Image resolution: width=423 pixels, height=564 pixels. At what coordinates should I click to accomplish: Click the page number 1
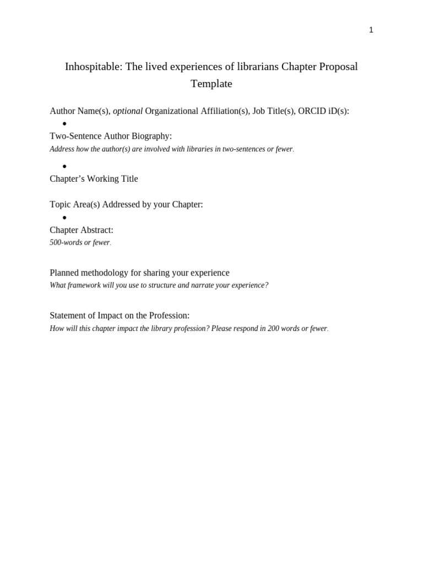371,30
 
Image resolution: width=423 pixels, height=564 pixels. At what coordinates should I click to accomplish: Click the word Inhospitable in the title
93,67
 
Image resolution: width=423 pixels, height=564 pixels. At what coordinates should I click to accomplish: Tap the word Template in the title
211,84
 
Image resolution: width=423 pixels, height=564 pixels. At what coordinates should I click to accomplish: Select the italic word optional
128,111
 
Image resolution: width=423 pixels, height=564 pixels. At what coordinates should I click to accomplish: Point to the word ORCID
312,111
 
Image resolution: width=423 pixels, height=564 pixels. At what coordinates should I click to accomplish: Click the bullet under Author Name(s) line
64,124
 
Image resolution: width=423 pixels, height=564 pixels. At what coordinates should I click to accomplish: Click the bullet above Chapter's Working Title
64,166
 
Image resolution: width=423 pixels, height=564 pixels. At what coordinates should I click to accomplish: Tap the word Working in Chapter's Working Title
108,179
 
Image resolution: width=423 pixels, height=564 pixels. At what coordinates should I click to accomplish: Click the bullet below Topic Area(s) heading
64,218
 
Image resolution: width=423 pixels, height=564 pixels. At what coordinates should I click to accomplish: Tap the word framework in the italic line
89,285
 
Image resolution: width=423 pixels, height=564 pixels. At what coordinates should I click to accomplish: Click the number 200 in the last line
274,329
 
